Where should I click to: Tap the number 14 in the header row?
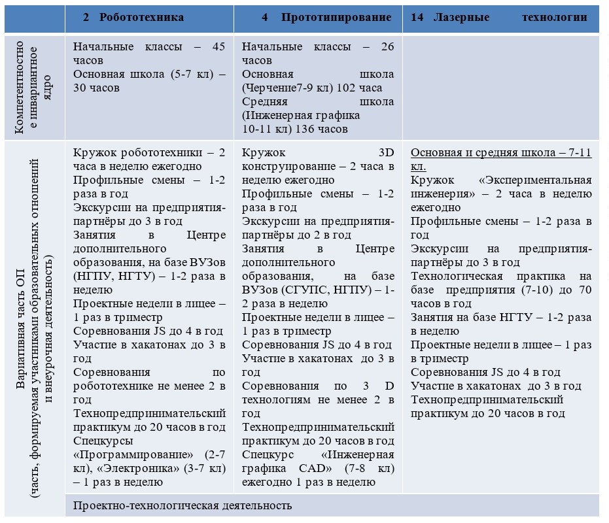point(417,18)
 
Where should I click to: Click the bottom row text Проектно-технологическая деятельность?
point(183,505)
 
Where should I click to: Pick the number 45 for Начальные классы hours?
point(218,46)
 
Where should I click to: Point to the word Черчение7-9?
point(282,88)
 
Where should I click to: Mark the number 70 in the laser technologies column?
point(584,290)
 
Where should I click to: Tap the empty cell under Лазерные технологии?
point(500,86)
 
